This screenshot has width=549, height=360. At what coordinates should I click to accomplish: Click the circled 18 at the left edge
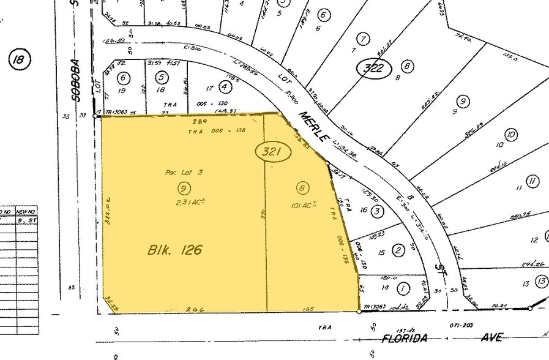(20, 59)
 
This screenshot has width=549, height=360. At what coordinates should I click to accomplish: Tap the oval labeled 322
(373, 67)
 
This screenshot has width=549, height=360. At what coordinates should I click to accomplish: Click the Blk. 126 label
(174, 250)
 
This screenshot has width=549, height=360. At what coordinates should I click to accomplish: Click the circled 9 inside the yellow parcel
(182, 187)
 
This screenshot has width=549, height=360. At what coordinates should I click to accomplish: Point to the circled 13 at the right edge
(542, 281)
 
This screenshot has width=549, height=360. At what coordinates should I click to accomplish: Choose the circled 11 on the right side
(533, 181)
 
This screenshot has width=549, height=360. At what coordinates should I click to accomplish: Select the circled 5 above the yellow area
(162, 78)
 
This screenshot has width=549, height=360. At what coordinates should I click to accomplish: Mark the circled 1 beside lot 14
(403, 286)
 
